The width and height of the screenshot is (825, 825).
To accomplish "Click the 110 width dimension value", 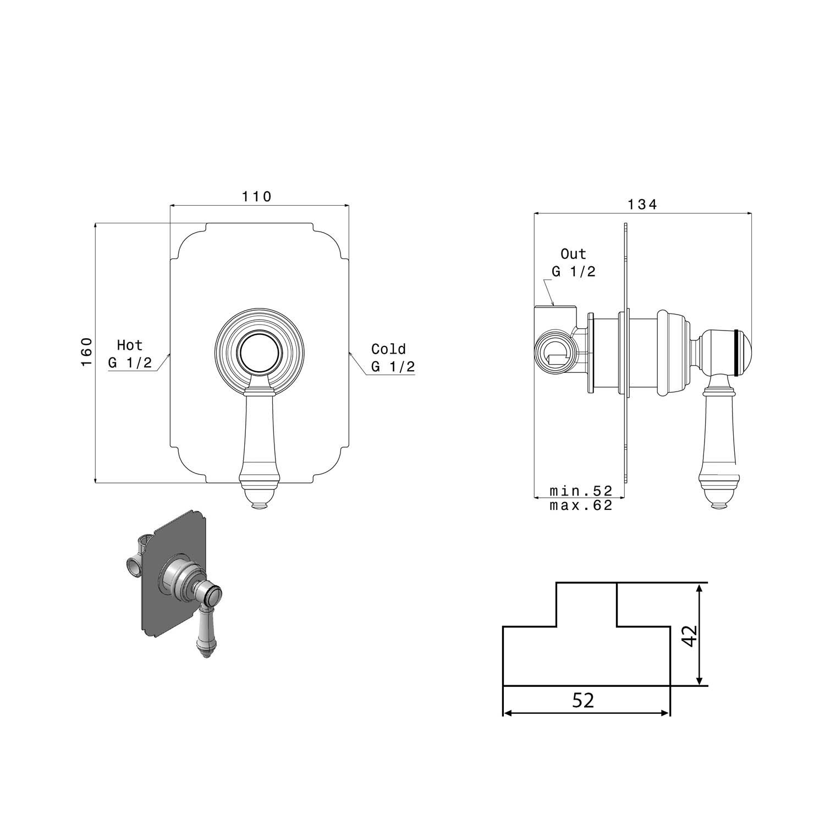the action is (257, 196).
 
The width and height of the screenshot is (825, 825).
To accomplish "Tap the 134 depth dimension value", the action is (642, 204).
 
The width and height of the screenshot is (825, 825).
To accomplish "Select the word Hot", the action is (130, 345).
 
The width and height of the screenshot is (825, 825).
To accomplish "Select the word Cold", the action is (388, 349).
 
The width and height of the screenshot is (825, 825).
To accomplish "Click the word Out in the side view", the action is (574, 254).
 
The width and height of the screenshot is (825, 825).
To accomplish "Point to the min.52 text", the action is (581, 491).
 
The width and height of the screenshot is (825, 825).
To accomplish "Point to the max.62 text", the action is (581, 505).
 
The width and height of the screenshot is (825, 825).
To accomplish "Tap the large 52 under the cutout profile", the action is (584, 700).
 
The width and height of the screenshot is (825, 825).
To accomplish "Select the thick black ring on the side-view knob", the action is (736, 352).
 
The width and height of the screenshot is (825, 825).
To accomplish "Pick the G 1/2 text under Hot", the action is (130, 363).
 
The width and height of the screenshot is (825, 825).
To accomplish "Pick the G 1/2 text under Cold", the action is (393, 366).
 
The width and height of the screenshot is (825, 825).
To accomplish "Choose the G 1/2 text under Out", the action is (574, 272).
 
